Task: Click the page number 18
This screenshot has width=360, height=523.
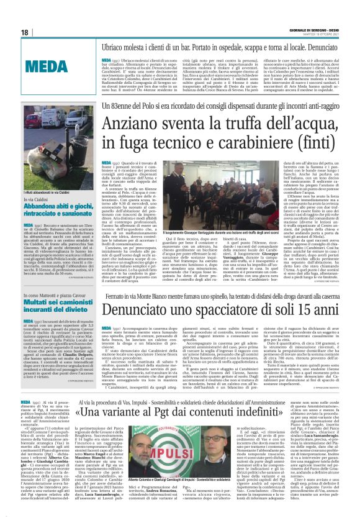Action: click(25, 32)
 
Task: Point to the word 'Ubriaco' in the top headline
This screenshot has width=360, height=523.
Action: click(104, 45)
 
